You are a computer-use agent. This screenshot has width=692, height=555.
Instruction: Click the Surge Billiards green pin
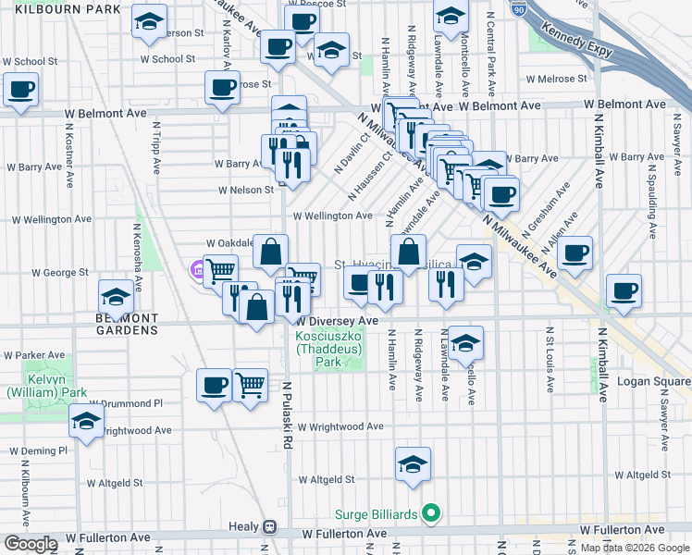click(430, 512)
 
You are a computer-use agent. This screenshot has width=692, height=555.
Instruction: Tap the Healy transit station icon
click(269, 527)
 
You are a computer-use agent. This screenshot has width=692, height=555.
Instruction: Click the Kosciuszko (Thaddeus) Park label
click(329, 350)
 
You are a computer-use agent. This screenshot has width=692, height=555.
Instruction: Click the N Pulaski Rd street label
click(288, 416)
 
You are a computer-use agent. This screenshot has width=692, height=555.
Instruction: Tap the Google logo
click(31, 544)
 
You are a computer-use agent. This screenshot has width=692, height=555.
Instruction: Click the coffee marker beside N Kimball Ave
click(623, 290)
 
